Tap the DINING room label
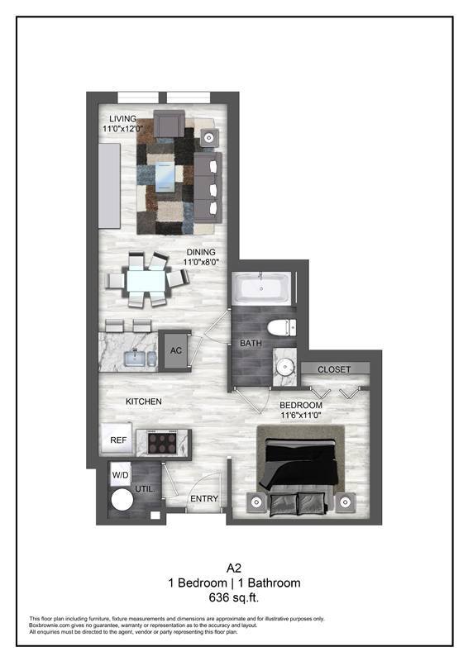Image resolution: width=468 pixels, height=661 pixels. coord(200,252)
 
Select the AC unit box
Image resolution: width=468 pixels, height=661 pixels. coord(175,349)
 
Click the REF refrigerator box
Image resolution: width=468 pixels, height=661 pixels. coord(118,440)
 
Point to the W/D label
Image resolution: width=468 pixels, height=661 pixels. coord(120,475)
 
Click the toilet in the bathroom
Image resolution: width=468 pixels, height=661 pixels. coord(282,325)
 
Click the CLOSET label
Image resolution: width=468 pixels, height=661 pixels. coord(334,369)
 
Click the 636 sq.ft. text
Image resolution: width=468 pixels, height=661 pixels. coord(234,597)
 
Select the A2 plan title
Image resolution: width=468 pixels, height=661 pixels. coord(234,568)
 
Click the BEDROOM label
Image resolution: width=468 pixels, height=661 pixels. coord(300,405)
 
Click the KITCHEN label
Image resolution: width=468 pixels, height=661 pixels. coord(143,402)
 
